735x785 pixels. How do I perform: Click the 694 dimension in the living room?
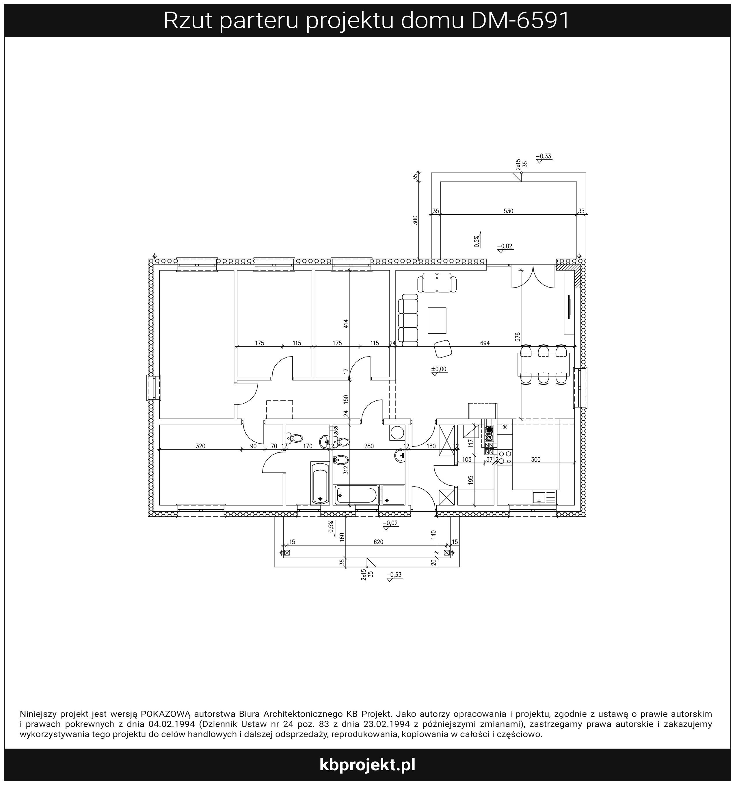485,343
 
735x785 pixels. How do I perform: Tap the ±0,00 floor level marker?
439,369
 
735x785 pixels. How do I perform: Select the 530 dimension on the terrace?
508,211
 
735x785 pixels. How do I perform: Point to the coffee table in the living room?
437,320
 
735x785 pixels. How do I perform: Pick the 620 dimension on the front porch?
378,542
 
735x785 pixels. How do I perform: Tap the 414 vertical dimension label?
346,324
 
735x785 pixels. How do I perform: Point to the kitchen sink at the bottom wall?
544,498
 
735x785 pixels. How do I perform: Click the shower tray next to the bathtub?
393,495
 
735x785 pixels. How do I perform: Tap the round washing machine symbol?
397,433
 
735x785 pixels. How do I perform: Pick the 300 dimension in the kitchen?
536,460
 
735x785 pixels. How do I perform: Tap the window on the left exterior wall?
154,387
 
